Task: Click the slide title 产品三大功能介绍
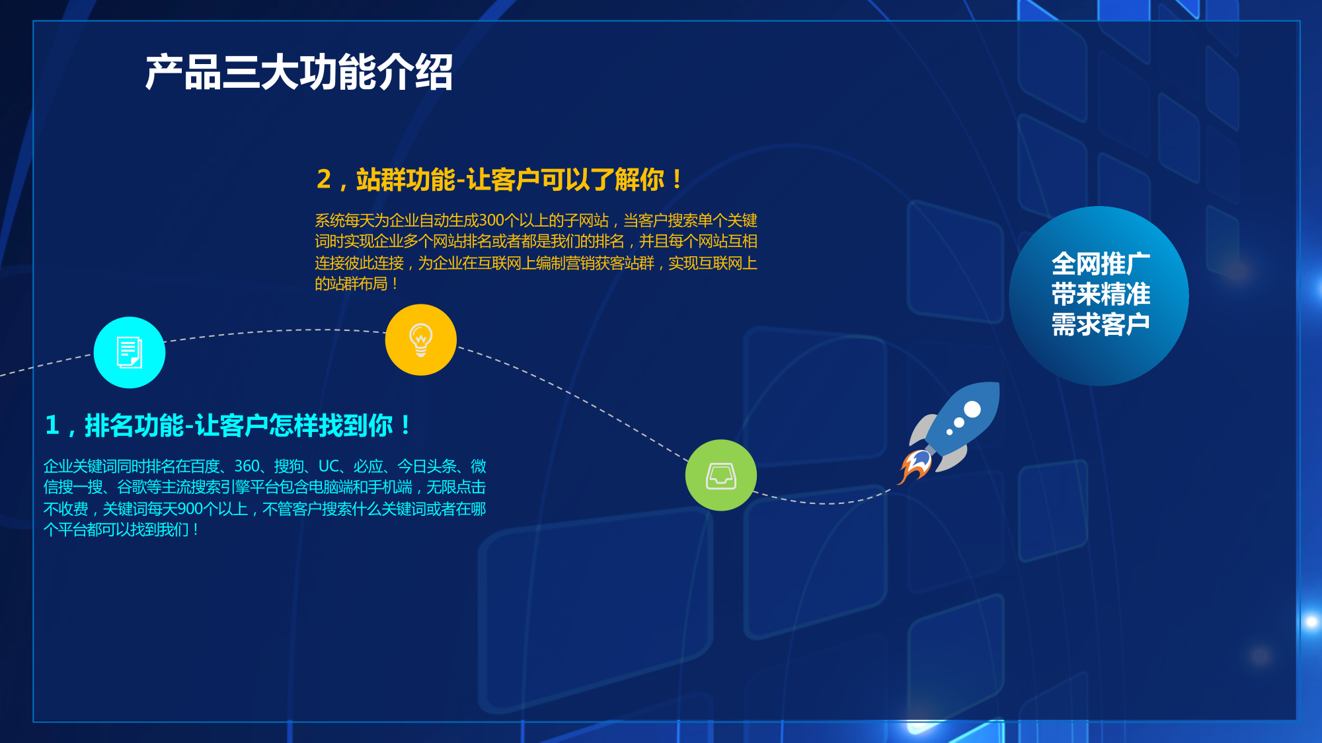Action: [299, 72]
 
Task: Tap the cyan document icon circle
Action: [130, 353]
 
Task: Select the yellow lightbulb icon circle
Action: [421, 340]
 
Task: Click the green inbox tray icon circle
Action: [721, 475]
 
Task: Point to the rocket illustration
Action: [949, 433]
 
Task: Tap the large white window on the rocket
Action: [972, 409]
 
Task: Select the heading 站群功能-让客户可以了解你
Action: [510, 180]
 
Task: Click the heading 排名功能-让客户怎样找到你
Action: [239, 425]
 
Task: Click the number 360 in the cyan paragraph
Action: [247, 467]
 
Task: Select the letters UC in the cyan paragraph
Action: [329, 467]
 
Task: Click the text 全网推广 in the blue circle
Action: [1101, 264]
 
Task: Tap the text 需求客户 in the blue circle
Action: [1101, 324]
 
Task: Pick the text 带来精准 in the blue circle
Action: [1101, 294]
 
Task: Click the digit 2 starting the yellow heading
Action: [324, 180]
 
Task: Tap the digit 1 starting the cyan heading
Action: [52, 425]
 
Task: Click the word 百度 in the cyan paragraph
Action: [205, 467]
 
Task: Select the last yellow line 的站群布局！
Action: [357, 284]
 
